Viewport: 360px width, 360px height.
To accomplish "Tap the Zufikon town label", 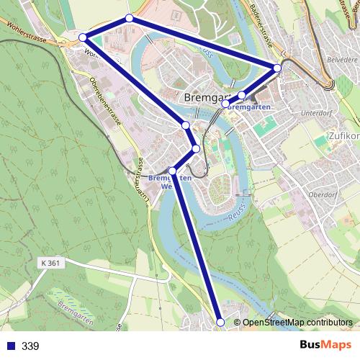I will (343, 135).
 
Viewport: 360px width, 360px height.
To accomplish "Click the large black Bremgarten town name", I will (209, 96).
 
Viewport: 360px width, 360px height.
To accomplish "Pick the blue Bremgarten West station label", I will (170, 181).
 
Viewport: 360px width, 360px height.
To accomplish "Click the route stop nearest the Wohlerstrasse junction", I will (83, 37).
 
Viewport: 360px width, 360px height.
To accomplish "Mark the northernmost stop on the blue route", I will (129, 18).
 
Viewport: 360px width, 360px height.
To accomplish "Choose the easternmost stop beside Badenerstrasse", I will (277, 68).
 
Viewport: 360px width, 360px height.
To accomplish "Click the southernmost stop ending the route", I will (220, 323).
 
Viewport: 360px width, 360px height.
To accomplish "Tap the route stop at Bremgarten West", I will (172, 171).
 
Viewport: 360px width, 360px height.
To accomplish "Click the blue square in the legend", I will (10, 346).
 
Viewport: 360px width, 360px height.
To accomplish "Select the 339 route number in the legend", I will (30, 346).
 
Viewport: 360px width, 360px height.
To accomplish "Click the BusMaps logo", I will (325, 345).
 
